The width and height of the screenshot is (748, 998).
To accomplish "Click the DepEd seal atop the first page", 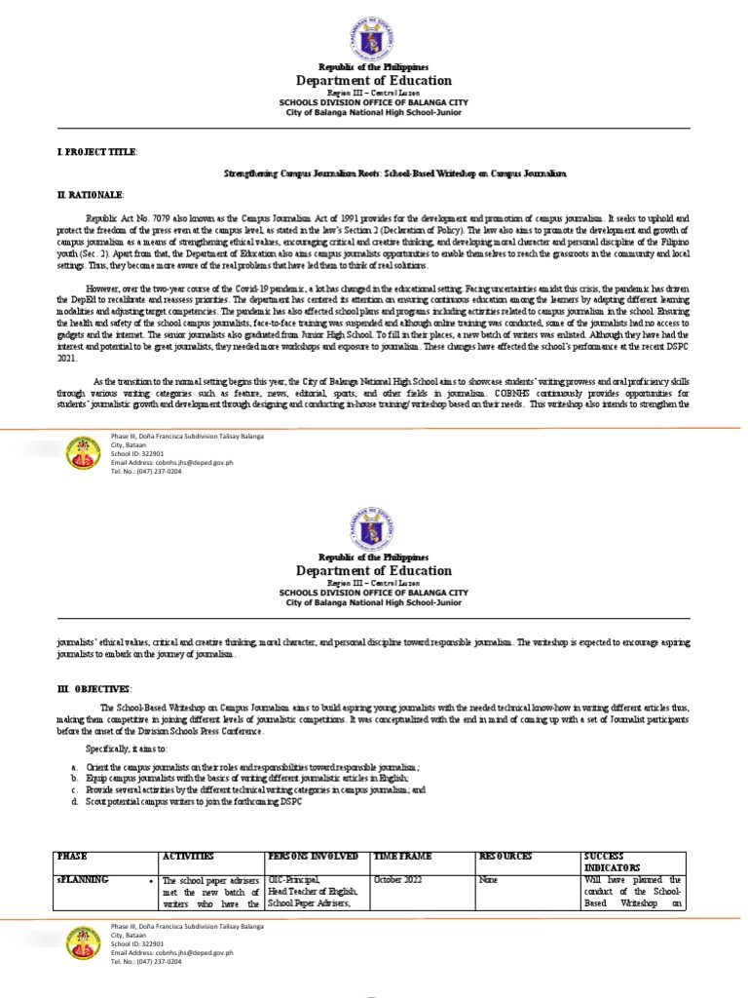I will [374, 38].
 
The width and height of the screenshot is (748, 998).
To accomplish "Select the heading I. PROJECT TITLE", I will [96, 153].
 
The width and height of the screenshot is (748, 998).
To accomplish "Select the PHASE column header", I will [72, 856].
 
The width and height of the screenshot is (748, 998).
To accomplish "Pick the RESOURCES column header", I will [505, 856].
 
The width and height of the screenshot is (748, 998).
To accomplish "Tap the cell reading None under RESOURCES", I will [488, 879].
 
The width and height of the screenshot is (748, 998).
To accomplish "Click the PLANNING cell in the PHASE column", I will [82, 879].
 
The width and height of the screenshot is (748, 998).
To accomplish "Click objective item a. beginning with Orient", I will [253, 768].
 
